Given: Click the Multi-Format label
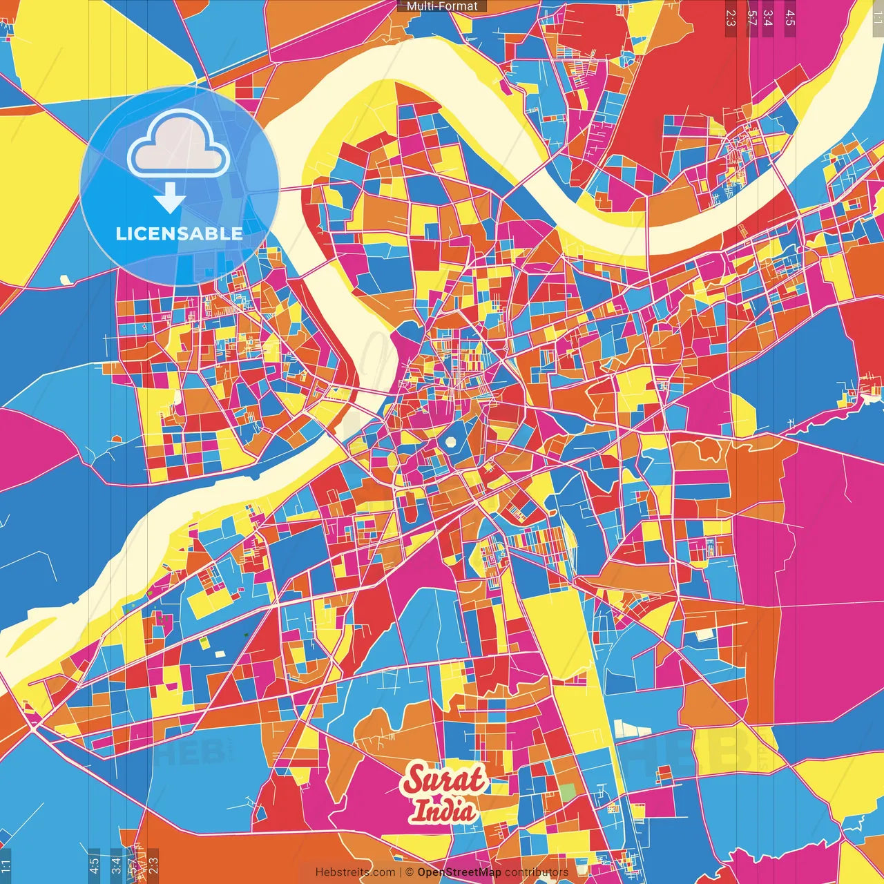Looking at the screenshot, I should click(x=442, y=6).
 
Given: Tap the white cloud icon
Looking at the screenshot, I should click(x=178, y=145).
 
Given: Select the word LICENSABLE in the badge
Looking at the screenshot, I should click(x=179, y=233).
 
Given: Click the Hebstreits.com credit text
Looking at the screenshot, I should click(x=355, y=872).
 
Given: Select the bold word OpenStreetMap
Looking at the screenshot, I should click(x=459, y=872).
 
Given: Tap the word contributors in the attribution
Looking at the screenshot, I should click(x=537, y=872).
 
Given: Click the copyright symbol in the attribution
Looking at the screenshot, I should click(x=410, y=872).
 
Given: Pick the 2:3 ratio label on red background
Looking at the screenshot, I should click(x=731, y=18).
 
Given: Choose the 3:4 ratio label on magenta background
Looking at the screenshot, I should click(x=768, y=18).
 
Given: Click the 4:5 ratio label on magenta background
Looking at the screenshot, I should click(x=789, y=18).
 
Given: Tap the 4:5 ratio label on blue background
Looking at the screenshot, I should click(x=94, y=865).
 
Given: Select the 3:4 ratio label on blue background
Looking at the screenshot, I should click(x=116, y=865).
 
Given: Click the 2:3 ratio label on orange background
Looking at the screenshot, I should click(x=153, y=865).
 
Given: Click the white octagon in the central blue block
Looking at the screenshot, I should click(x=451, y=442).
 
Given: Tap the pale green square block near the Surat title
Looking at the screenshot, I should click(x=566, y=793).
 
